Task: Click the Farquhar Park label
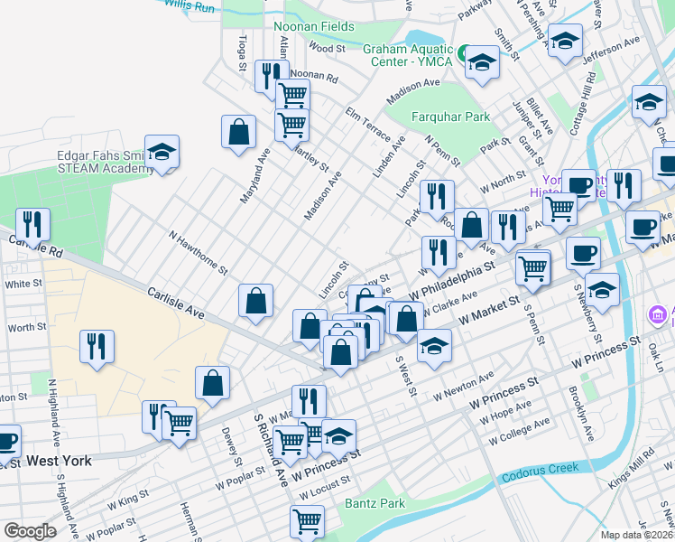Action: click(x=425, y=117)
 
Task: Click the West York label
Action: click(x=59, y=461)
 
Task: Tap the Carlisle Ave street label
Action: click(x=175, y=304)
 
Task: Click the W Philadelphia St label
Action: click(x=455, y=281)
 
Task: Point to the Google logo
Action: click(x=30, y=531)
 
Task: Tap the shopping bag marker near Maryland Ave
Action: click(x=237, y=132)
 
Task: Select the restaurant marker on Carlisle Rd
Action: click(x=32, y=225)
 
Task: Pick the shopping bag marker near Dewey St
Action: click(x=212, y=383)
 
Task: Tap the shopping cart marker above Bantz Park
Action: click(x=307, y=521)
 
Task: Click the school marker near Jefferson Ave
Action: click(x=566, y=41)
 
